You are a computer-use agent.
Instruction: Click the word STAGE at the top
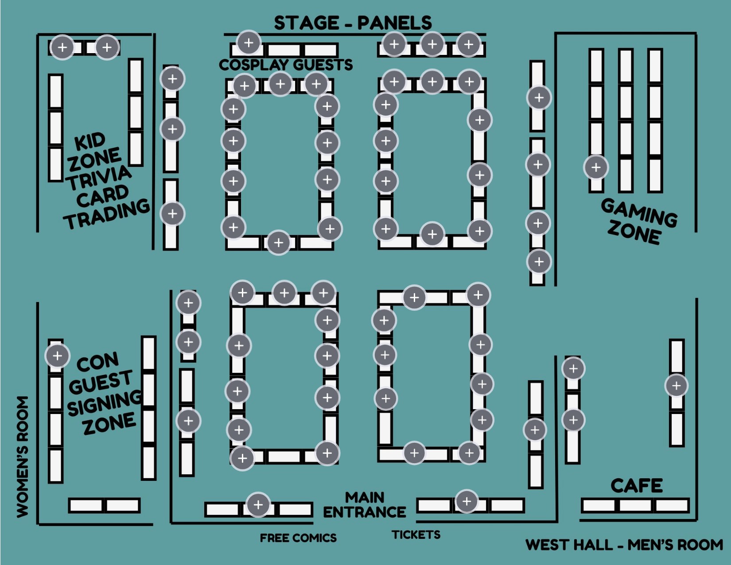point(306,23)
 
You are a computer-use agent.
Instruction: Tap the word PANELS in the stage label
point(394,23)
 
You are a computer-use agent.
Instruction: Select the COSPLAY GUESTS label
point(286,65)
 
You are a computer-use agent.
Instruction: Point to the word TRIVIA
point(99,176)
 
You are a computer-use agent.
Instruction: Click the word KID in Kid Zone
point(90,142)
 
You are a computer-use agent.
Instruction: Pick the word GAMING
point(639,212)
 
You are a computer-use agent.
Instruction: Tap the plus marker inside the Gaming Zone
point(596,167)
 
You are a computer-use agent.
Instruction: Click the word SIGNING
point(105,403)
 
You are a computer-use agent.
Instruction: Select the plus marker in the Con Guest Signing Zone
point(58,356)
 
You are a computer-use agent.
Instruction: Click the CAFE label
point(637,486)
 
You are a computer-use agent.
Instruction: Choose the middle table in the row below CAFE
point(635,505)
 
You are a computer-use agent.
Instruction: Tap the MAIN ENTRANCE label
point(365,505)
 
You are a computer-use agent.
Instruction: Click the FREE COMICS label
point(298,538)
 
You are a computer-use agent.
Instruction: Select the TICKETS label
point(416,535)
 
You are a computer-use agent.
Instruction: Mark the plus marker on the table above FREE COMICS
point(258,504)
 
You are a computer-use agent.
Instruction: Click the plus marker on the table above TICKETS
point(467,501)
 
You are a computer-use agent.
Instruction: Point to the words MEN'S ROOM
point(675,545)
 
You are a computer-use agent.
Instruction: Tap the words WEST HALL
point(569,545)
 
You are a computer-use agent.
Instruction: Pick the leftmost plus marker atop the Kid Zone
point(62,47)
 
